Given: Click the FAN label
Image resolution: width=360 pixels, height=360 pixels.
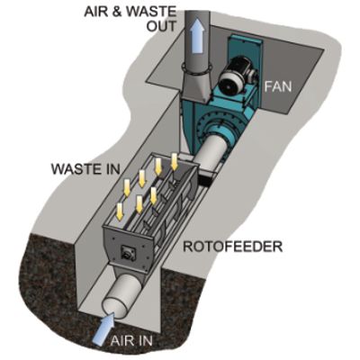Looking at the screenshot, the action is click(278, 86).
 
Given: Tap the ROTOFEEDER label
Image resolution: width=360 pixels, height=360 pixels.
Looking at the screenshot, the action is click(233, 247).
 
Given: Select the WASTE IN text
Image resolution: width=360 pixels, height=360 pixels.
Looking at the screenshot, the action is click(85, 169).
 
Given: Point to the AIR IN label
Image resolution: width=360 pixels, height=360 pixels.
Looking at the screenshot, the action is click(131, 341).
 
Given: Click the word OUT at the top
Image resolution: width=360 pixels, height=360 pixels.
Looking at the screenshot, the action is click(161, 26).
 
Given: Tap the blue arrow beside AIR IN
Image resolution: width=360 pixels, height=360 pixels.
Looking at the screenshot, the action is click(103, 328).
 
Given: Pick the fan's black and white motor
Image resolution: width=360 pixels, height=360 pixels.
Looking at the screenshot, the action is click(237, 76).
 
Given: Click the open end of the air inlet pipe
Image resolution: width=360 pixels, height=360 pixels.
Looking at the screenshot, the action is click(114, 308).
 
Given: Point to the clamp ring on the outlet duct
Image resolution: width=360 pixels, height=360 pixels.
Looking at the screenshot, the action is click(195, 69).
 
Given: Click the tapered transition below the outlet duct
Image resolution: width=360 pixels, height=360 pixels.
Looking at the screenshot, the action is click(195, 87).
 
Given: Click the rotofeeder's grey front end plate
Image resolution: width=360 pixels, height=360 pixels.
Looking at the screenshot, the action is click(129, 250).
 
